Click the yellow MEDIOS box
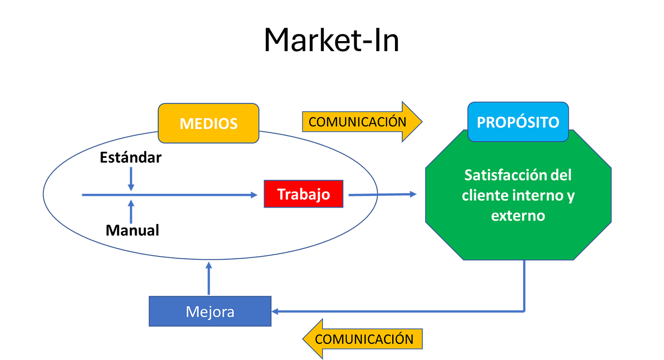(208, 123)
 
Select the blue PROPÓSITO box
(518, 122)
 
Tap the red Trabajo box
(303, 194)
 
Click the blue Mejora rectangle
(210, 312)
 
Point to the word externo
(518, 215)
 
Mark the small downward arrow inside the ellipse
(131, 178)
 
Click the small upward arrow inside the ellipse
(131, 212)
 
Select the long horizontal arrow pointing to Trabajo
(169, 195)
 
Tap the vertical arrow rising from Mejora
(209, 278)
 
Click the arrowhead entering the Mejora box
(275, 312)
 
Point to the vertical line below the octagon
(524, 285)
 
